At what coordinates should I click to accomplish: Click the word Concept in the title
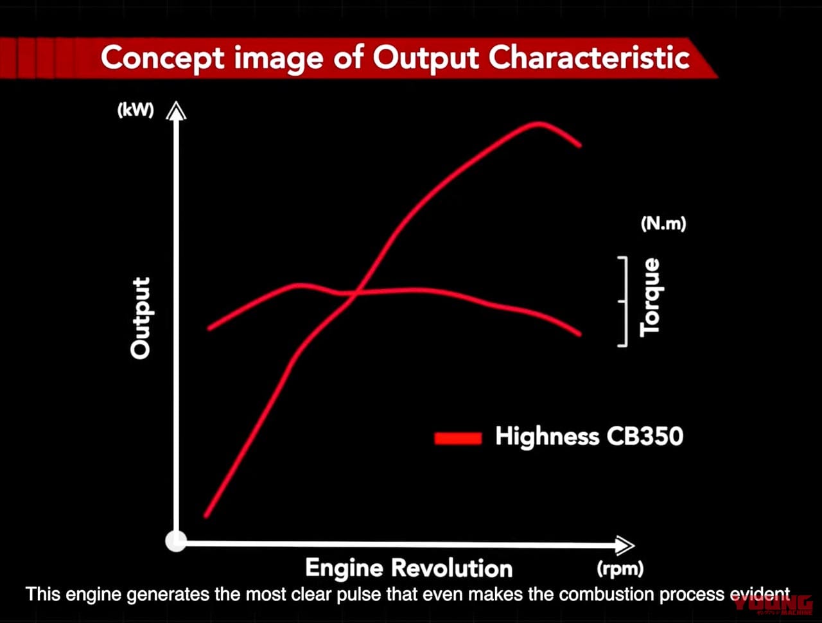(x=162, y=58)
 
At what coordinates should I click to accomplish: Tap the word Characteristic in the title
(x=589, y=58)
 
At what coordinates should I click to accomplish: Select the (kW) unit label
(x=136, y=110)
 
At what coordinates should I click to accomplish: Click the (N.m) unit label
(x=663, y=224)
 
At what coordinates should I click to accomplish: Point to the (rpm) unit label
(x=620, y=568)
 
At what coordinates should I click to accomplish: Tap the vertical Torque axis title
(x=650, y=297)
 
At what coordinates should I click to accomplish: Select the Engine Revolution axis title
(x=408, y=568)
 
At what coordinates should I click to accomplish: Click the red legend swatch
(x=458, y=438)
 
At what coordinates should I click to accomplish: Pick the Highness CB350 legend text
(x=589, y=437)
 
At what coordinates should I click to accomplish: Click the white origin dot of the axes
(x=176, y=541)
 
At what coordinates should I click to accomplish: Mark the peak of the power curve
(x=538, y=123)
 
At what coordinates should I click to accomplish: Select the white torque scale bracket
(x=623, y=301)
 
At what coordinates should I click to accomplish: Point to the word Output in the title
(x=426, y=58)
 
